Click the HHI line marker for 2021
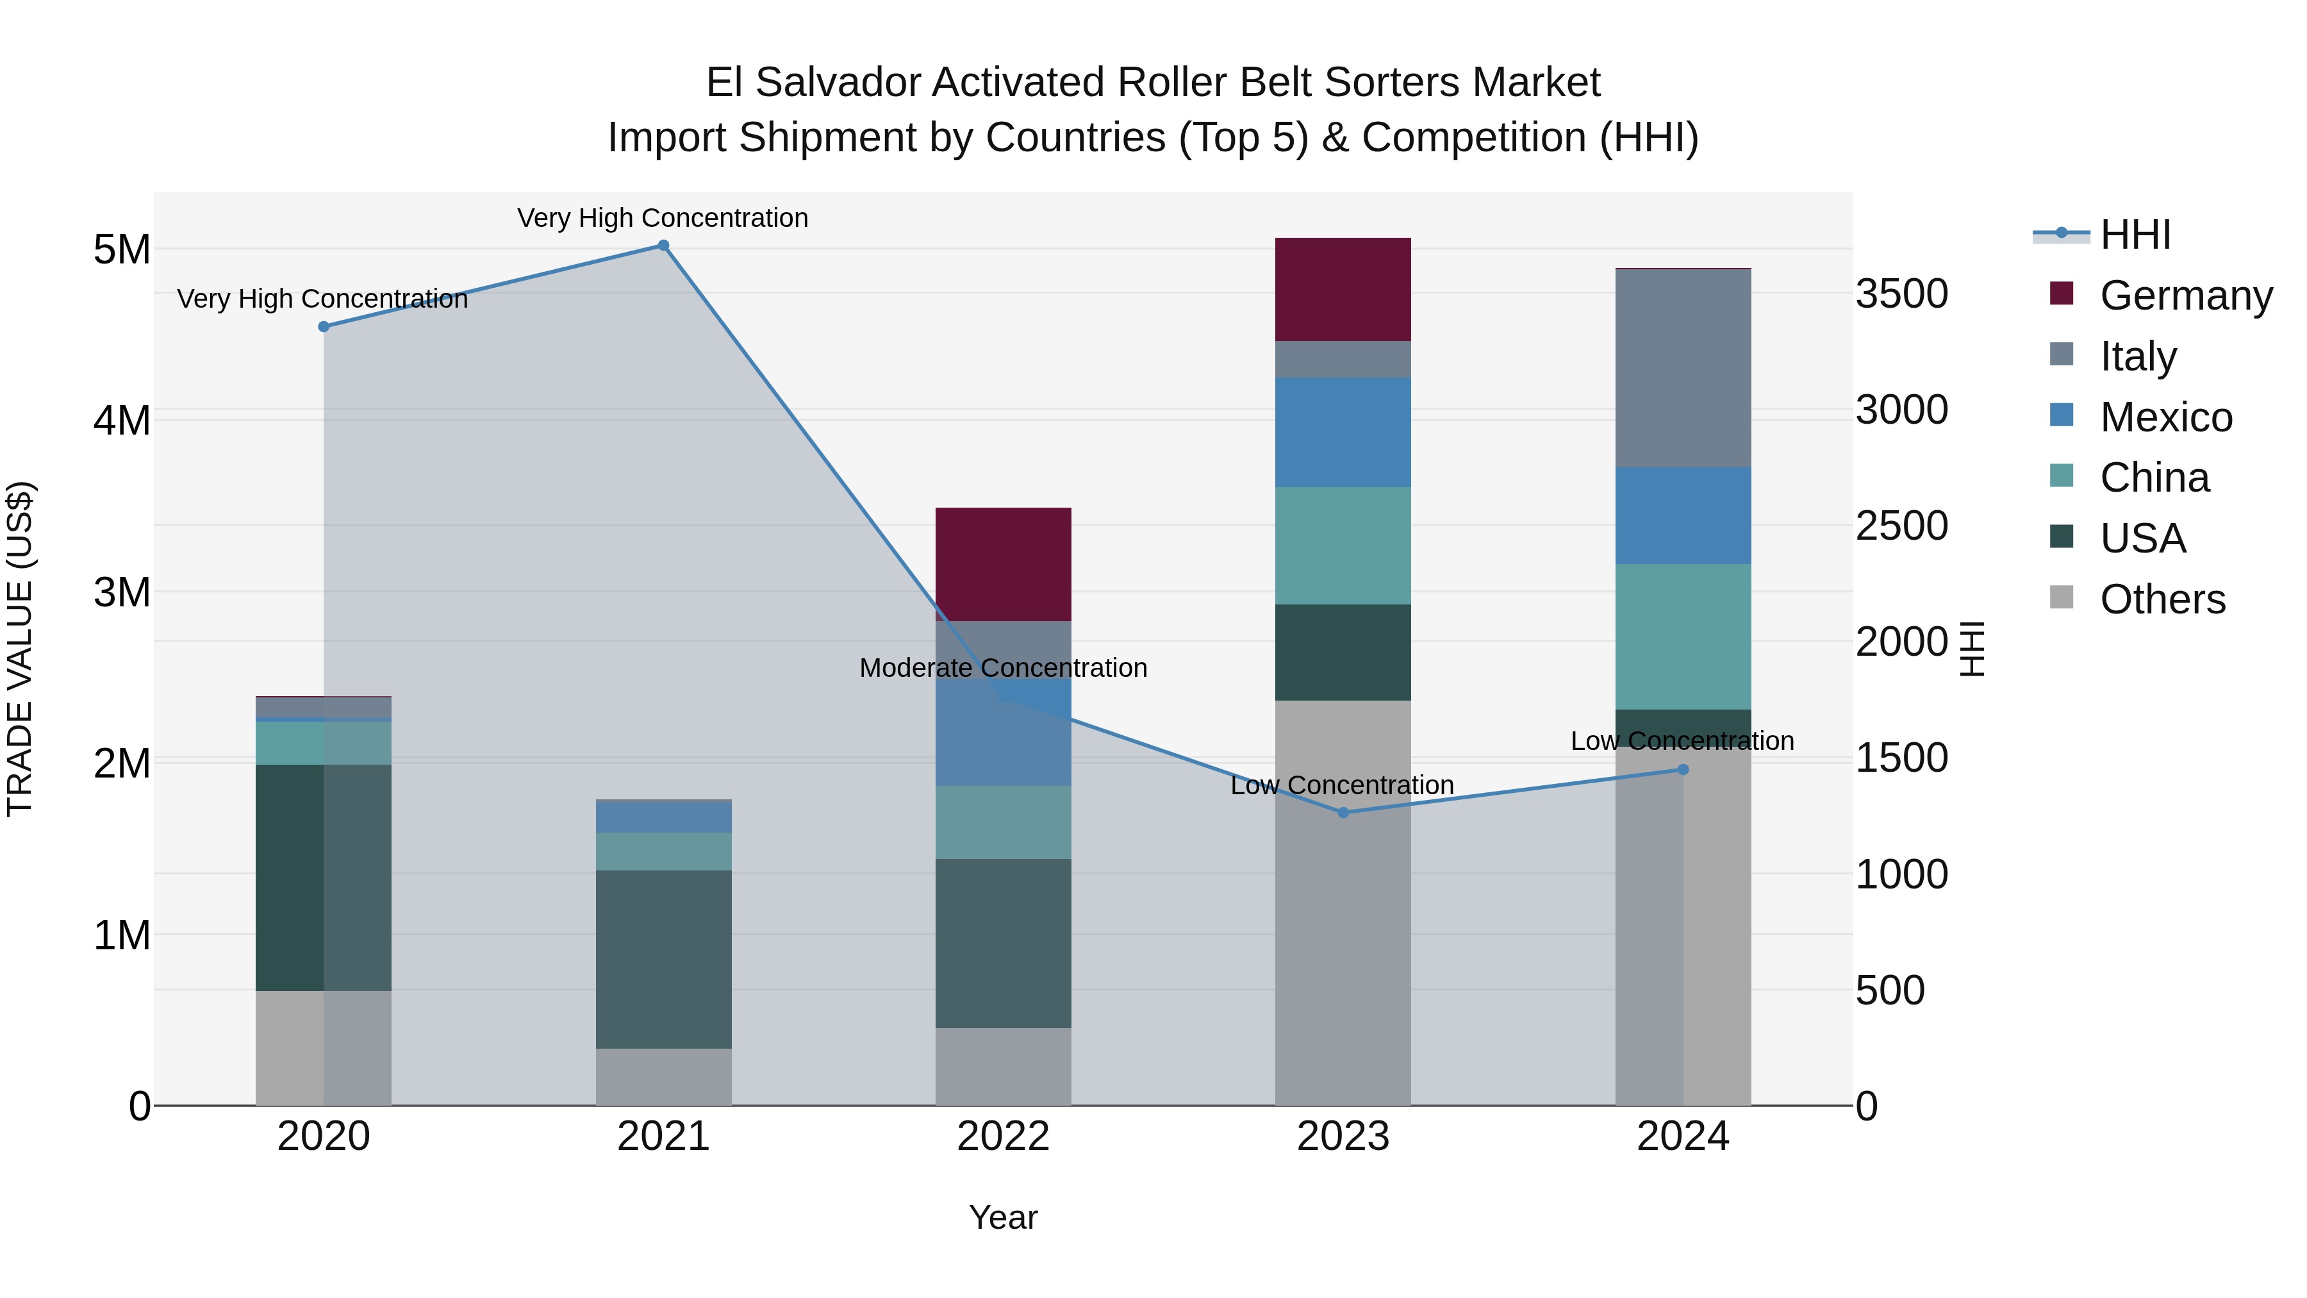[663, 245]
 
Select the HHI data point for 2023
[1343, 813]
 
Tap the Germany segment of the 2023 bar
[1343, 288]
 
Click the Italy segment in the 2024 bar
[1682, 367]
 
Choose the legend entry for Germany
[2185, 295]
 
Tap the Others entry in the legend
[2162, 599]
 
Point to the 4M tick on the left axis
[122, 420]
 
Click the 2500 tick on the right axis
[1901, 526]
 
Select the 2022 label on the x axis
[1003, 1136]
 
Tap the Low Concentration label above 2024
[1682, 741]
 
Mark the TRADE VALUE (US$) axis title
[20, 649]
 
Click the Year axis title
[1003, 1217]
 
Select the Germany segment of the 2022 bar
[1003, 563]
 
